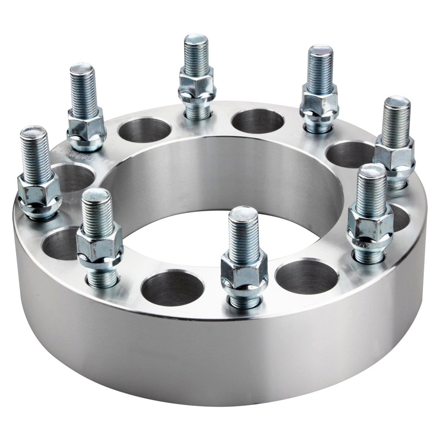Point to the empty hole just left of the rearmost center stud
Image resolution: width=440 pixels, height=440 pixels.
pos(144,130)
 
